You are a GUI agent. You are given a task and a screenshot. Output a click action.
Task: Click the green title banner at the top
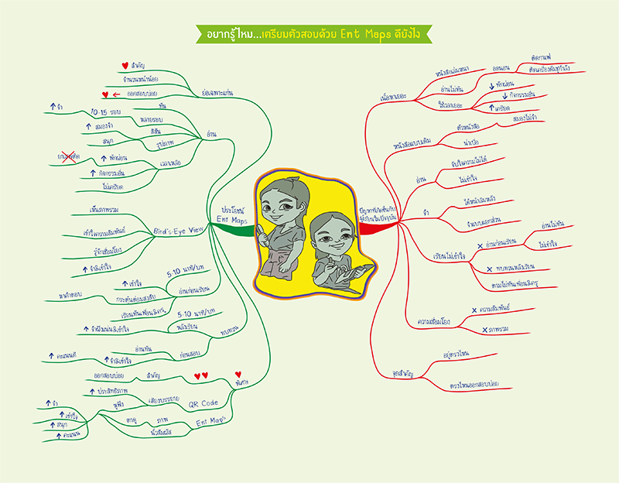(309, 33)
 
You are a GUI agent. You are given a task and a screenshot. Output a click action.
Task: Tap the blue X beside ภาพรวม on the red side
(484, 330)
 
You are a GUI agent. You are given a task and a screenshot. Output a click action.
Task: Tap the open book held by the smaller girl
(354, 272)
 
